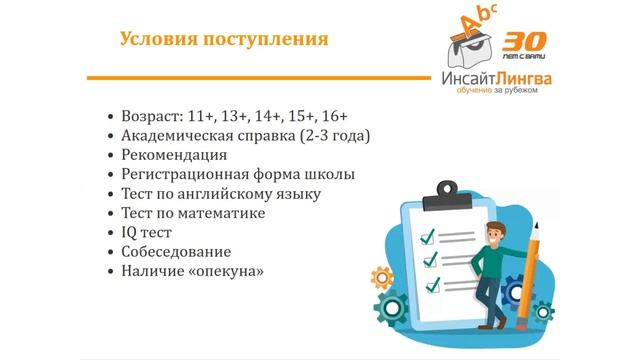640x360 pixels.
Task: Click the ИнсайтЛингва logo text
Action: point(495,77)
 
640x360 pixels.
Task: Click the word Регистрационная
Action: point(188,174)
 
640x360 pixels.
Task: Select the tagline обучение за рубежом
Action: point(496,92)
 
